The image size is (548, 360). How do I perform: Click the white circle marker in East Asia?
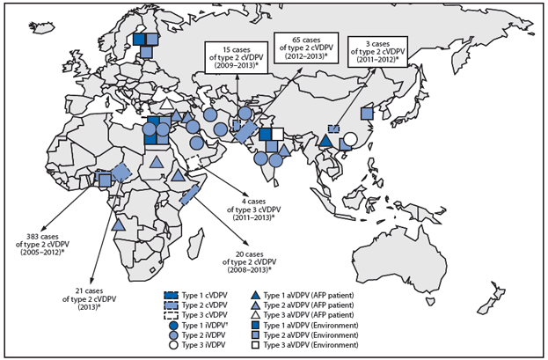(x=350, y=138)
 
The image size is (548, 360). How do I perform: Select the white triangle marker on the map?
(x=164, y=103)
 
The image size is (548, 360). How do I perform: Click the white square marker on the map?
(x=277, y=134)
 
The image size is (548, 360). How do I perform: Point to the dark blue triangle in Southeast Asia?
(x=325, y=139)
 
